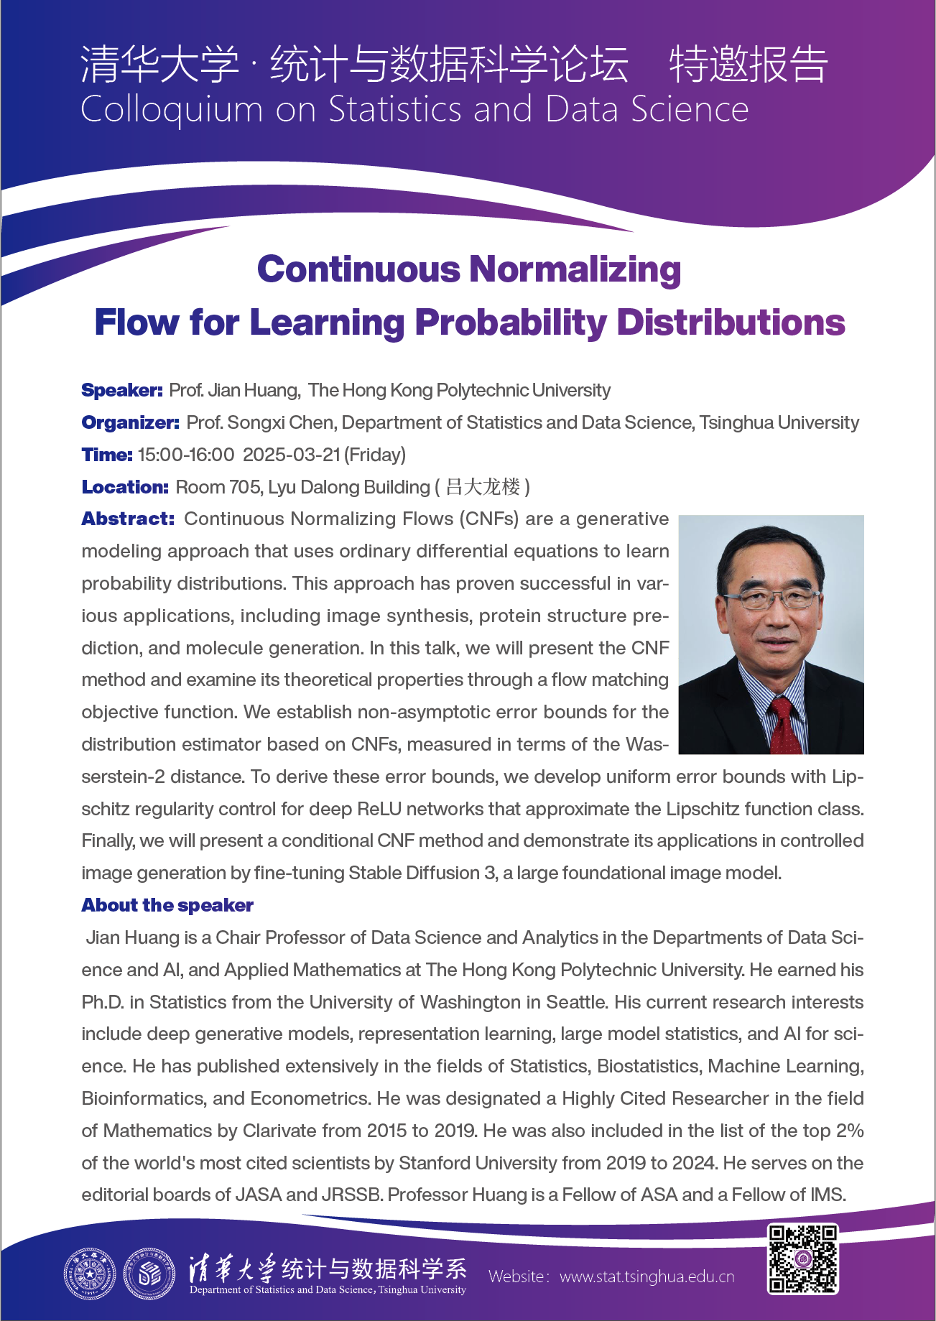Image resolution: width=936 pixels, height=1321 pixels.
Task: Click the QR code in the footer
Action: click(802, 1259)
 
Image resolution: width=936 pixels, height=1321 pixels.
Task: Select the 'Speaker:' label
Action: click(122, 391)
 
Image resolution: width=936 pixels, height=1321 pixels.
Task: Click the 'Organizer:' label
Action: click(130, 423)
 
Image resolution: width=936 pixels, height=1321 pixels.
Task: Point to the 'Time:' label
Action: click(107, 455)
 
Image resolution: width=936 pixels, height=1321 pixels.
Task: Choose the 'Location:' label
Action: click(125, 488)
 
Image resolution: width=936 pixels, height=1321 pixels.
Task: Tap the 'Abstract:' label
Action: click(128, 519)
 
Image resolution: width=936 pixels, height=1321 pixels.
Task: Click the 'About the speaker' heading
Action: click(167, 906)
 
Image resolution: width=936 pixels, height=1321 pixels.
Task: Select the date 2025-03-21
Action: click(292, 455)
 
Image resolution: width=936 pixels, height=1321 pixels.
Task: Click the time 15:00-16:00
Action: click(186, 455)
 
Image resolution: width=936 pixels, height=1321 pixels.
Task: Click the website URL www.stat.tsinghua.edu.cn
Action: click(647, 1276)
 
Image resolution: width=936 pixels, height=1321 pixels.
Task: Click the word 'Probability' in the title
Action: click(511, 323)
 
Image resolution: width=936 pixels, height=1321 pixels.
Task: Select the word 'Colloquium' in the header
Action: click(172, 110)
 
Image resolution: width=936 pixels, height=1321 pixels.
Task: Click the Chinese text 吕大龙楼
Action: click(483, 488)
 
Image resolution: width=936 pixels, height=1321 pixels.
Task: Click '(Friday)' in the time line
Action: click(375, 455)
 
